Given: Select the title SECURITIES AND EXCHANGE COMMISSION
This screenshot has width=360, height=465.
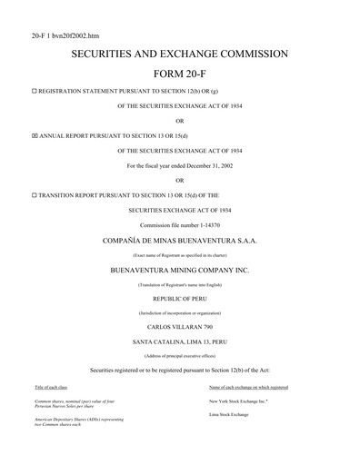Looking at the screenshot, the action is point(179,54).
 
